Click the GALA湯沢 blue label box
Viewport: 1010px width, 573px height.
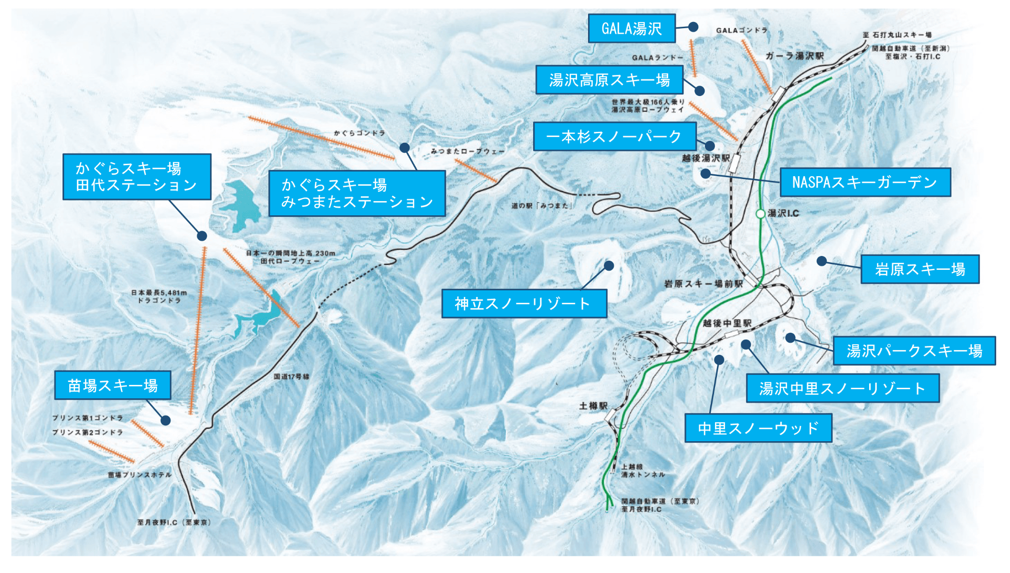tap(631, 29)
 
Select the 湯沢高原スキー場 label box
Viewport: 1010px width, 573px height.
tap(609, 80)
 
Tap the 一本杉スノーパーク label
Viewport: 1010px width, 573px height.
tap(614, 137)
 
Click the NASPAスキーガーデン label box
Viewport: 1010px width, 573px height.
tap(864, 182)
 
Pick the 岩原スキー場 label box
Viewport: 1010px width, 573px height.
tap(919, 269)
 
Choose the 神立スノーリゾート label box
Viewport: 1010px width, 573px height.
tap(524, 304)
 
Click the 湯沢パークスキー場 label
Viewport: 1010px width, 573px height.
tap(914, 351)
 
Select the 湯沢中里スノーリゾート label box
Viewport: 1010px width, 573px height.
tap(842, 388)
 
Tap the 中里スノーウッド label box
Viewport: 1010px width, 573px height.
tap(757, 428)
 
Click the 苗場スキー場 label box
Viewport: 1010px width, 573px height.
tap(113, 385)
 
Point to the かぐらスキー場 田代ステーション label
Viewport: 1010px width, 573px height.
tap(137, 177)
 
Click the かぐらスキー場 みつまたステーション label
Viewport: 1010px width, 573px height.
tap(357, 193)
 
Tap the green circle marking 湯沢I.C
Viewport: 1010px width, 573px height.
tap(760, 213)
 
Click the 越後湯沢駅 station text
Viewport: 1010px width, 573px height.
tap(705, 158)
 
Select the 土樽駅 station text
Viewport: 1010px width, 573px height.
tap(593, 406)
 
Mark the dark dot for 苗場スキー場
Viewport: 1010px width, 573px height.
tap(166, 420)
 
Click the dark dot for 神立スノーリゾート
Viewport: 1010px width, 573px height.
tap(609, 265)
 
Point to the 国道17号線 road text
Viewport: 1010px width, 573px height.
tap(291, 377)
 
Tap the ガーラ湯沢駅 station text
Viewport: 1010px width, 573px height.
tap(794, 56)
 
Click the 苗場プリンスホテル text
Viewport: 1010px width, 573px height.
tap(139, 475)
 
